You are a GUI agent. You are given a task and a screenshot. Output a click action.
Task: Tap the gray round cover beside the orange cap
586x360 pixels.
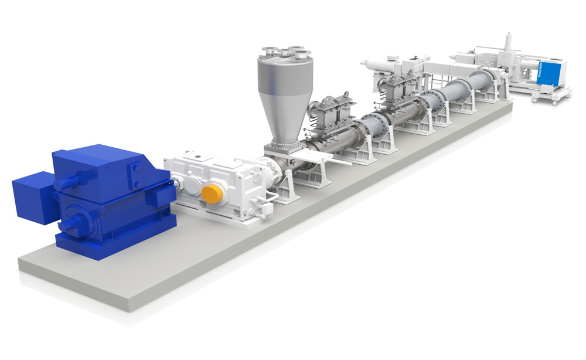(192, 186)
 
